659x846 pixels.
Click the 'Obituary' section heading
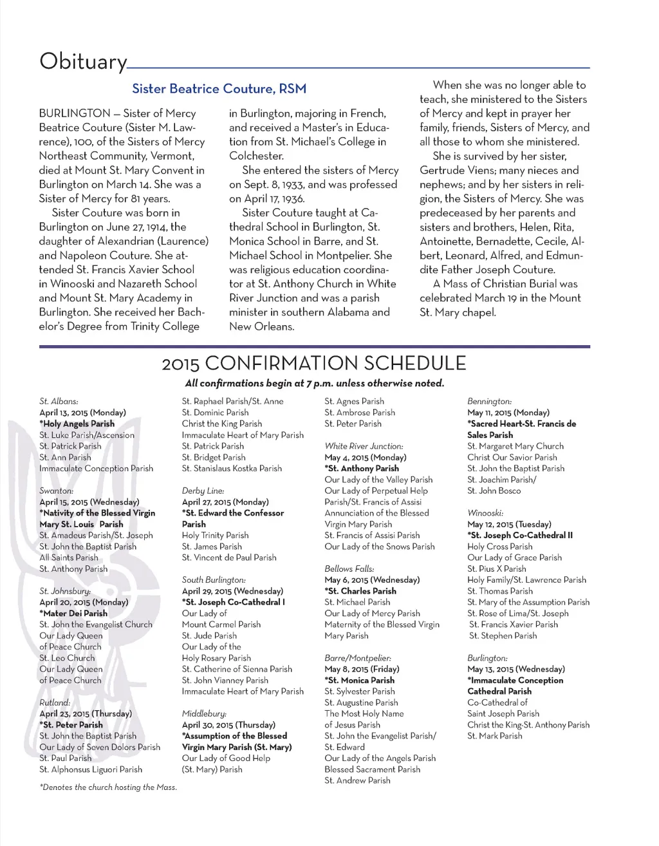83,61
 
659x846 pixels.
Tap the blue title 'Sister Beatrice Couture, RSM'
219,89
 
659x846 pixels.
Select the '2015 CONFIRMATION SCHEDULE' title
313,363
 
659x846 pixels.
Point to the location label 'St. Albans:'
59,401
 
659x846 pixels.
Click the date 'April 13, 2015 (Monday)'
82,413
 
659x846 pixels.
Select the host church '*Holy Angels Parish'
77,424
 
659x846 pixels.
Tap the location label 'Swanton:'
56,491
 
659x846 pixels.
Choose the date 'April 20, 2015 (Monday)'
84,602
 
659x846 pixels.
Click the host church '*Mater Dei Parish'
73,614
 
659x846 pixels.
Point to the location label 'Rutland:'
55,702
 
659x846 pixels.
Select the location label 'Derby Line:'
203,491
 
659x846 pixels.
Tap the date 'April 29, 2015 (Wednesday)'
232,591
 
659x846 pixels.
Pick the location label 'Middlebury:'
204,713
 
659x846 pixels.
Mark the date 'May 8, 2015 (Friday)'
362,669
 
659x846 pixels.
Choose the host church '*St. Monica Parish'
360,681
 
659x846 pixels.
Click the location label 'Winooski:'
485,513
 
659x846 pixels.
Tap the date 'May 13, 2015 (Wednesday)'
516,669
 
